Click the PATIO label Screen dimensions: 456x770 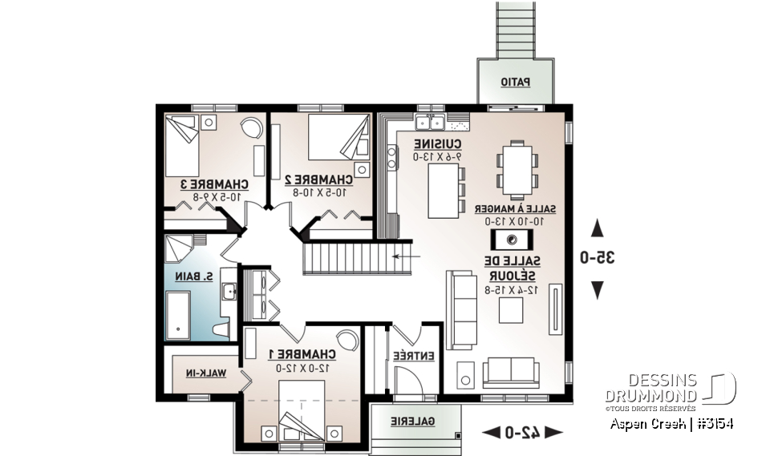tap(515, 82)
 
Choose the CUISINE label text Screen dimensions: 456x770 tap(436, 143)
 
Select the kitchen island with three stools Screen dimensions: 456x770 tap(442, 191)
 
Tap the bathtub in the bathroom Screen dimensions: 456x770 tap(178, 314)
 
